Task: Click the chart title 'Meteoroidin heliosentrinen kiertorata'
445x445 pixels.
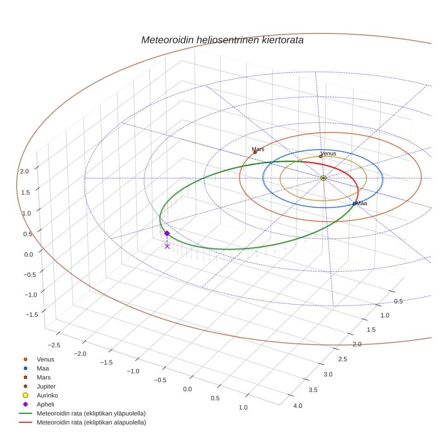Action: click(x=222, y=40)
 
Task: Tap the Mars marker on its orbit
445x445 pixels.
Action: click(x=255, y=152)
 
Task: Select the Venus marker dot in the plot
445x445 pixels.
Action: click(x=321, y=156)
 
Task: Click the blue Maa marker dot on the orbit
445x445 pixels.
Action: click(x=354, y=204)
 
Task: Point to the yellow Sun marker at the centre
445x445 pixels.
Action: click(x=323, y=178)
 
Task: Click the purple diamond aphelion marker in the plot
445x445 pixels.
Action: click(x=167, y=233)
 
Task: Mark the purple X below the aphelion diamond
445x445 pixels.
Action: click(x=167, y=246)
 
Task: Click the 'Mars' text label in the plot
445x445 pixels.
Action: click(x=258, y=149)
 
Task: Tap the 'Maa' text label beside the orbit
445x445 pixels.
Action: click(x=361, y=204)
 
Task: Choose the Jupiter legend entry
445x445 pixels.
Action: click(x=46, y=386)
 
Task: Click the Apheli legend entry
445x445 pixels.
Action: click(x=45, y=404)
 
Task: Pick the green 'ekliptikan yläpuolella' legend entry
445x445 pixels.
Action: click(x=91, y=413)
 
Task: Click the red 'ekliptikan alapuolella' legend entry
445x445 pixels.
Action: click(x=91, y=422)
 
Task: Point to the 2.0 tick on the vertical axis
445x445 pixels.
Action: click(x=24, y=171)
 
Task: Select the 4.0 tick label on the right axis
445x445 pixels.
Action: click(x=298, y=406)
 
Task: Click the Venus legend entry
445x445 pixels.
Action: click(x=45, y=359)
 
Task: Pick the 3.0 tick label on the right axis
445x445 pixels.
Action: click(x=328, y=374)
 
